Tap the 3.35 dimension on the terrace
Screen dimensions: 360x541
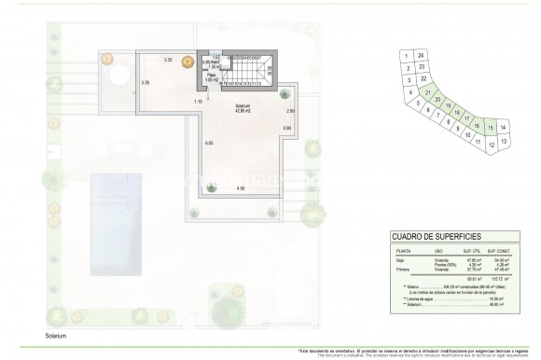click(168, 61)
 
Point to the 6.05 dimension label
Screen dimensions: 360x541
click(209, 143)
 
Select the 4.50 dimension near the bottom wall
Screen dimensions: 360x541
click(240, 189)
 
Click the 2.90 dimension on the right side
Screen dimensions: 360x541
click(290, 112)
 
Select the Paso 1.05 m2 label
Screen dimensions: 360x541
click(212, 78)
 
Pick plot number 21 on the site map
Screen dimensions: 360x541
click(427, 93)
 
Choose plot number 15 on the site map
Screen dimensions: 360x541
click(489, 127)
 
